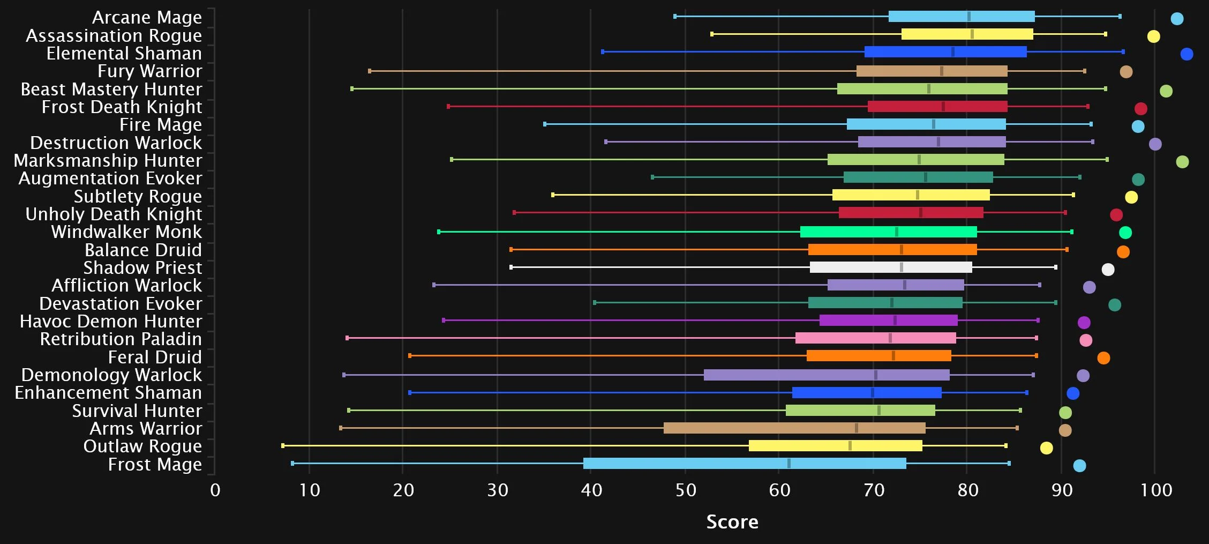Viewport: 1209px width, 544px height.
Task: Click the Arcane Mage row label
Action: click(x=147, y=18)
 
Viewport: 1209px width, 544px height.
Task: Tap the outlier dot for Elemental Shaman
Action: click(x=1187, y=54)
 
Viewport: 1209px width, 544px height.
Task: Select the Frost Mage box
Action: click(x=745, y=464)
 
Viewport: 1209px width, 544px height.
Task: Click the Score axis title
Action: click(x=732, y=522)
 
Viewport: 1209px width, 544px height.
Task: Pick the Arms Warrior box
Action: click(x=794, y=428)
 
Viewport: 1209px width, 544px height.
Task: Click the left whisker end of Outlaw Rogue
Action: click(x=283, y=446)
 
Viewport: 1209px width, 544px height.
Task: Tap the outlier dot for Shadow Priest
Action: click(x=1108, y=270)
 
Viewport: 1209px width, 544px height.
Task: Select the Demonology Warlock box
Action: click(x=827, y=375)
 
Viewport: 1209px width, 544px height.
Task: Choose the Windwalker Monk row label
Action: click(x=126, y=232)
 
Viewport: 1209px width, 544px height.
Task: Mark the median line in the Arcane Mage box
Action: click(x=968, y=17)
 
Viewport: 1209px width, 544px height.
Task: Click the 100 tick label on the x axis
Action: click(x=1156, y=490)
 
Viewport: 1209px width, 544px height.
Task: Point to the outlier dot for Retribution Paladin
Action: click(x=1086, y=340)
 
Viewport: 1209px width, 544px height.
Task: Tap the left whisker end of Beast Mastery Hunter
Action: click(x=352, y=89)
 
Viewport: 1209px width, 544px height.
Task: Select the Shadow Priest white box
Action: click(x=891, y=267)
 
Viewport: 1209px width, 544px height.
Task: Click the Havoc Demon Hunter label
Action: click(x=111, y=322)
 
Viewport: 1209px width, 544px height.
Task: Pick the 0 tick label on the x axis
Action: click(x=215, y=490)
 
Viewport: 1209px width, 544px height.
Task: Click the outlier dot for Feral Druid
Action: click(x=1103, y=358)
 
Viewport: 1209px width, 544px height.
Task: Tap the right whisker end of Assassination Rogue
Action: click(x=1105, y=34)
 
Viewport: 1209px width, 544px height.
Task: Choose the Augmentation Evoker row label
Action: click(x=110, y=178)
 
